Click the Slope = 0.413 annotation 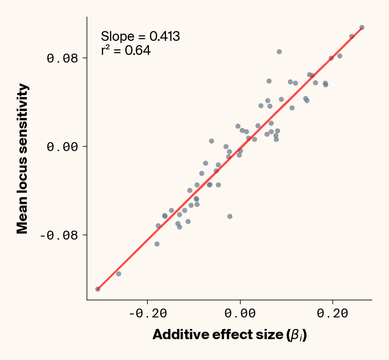(140, 37)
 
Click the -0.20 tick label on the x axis (147, 314)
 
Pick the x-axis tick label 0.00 (240, 314)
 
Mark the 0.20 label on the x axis (333, 314)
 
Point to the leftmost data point (98, 289)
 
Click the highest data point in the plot (362, 27)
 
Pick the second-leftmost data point (118, 274)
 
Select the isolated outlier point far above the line (279, 51)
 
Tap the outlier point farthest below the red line (230, 216)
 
